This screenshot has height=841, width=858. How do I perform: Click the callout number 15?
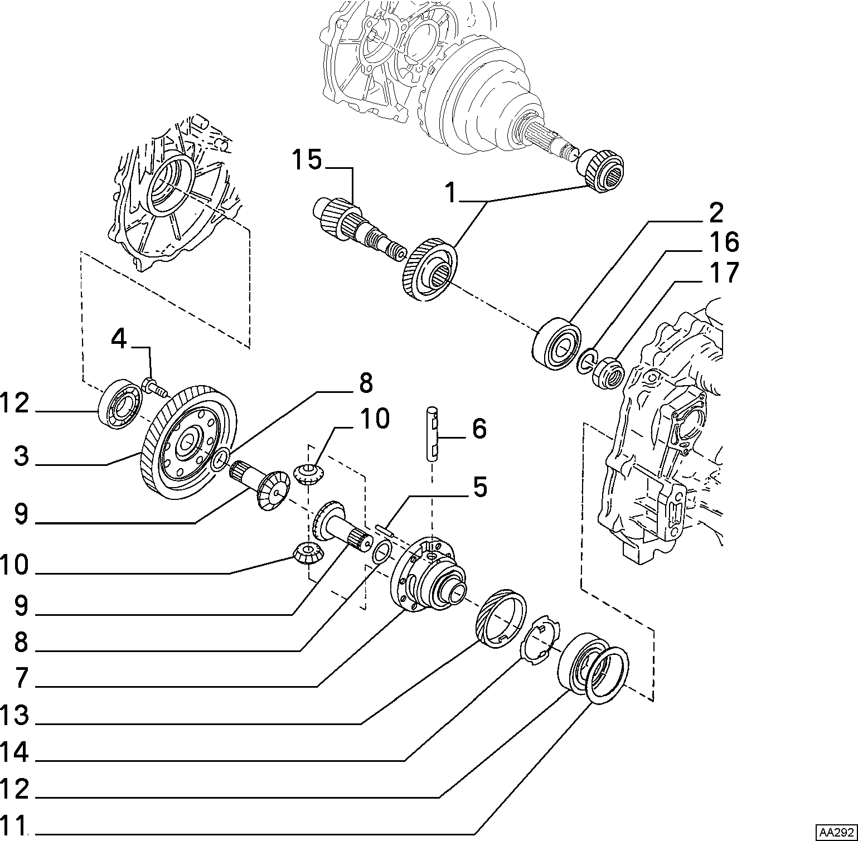click(x=307, y=161)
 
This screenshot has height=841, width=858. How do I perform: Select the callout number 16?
click(x=723, y=242)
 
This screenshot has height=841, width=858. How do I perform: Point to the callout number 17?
click(x=723, y=273)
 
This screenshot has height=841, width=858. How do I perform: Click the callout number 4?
click(x=119, y=338)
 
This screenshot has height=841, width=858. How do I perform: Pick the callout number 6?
click(x=479, y=429)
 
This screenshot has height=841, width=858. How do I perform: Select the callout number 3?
click(x=21, y=456)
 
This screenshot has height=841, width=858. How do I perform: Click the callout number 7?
click(x=21, y=678)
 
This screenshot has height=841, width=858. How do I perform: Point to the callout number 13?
click(x=14, y=715)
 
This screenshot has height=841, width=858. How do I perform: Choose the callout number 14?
click(x=14, y=752)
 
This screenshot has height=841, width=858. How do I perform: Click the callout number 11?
click(x=14, y=825)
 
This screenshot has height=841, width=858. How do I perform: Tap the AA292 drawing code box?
click(x=836, y=832)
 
